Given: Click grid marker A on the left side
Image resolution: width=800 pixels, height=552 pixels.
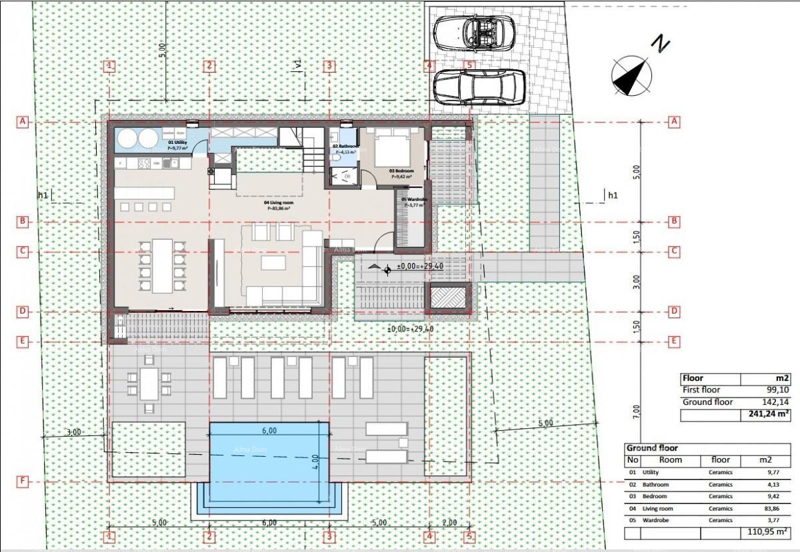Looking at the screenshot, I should (23, 122).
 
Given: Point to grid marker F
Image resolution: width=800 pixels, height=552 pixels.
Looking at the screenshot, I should (23, 481).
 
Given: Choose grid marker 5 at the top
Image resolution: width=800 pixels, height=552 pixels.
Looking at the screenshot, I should (469, 66).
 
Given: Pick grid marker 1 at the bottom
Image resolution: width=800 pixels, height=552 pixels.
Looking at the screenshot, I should (110, 536).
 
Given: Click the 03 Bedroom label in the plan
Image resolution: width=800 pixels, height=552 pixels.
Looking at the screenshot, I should (401, 170).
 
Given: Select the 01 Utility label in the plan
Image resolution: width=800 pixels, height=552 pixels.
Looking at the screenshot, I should (177, 143).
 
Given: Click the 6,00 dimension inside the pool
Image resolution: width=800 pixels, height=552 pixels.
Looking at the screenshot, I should (269, 431).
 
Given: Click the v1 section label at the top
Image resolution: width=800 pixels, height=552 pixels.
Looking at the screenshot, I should (298, 65).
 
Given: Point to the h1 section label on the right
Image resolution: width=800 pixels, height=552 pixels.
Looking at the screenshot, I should (612, 195).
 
